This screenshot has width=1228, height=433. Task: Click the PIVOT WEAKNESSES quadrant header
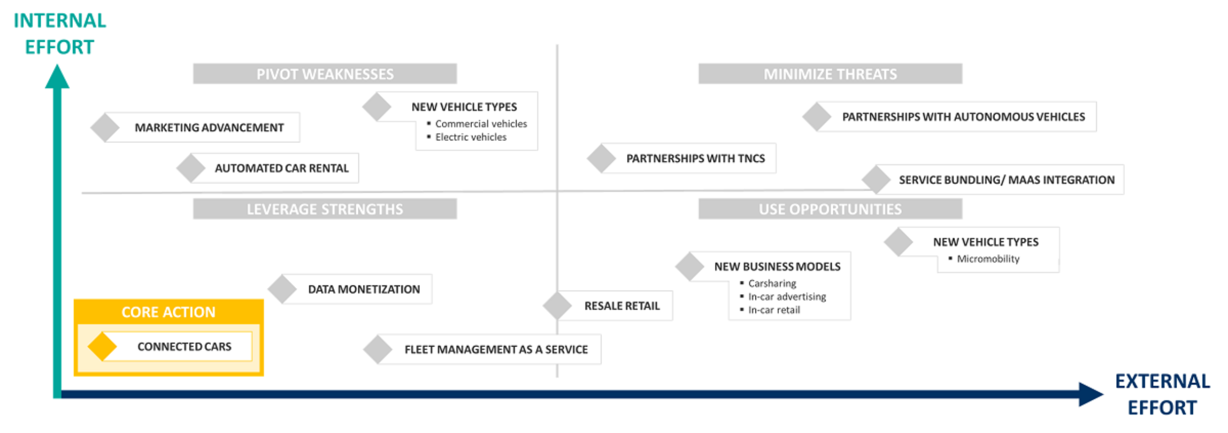[324, 74]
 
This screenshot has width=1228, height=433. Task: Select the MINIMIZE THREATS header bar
[829, 74]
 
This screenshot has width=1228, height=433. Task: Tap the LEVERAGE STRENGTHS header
[324, 209]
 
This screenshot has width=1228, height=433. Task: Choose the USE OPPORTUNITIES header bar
[829, 209]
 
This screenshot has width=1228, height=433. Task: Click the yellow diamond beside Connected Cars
[102, 346]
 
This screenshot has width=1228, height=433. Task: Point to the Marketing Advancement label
[209, 128]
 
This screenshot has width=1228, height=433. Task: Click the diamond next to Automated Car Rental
[191, 168]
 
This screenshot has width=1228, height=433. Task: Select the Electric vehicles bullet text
[470, 137]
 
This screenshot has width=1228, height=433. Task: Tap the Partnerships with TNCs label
[695, 158]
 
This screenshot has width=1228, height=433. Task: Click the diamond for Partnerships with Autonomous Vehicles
[816, 117]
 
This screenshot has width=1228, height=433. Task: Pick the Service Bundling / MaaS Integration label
[1006, 180]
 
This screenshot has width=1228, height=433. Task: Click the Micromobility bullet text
[988, 259]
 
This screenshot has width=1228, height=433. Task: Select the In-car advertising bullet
[787, 297]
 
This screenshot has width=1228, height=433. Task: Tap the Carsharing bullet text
[772, 283]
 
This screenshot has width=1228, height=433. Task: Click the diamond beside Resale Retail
[557, 305]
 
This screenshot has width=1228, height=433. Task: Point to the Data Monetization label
[364, 289]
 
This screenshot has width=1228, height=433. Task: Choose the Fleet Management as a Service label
[496, 349]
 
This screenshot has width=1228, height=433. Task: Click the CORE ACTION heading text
[168, 312]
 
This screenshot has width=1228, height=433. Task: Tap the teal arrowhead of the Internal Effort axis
[57, 77]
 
